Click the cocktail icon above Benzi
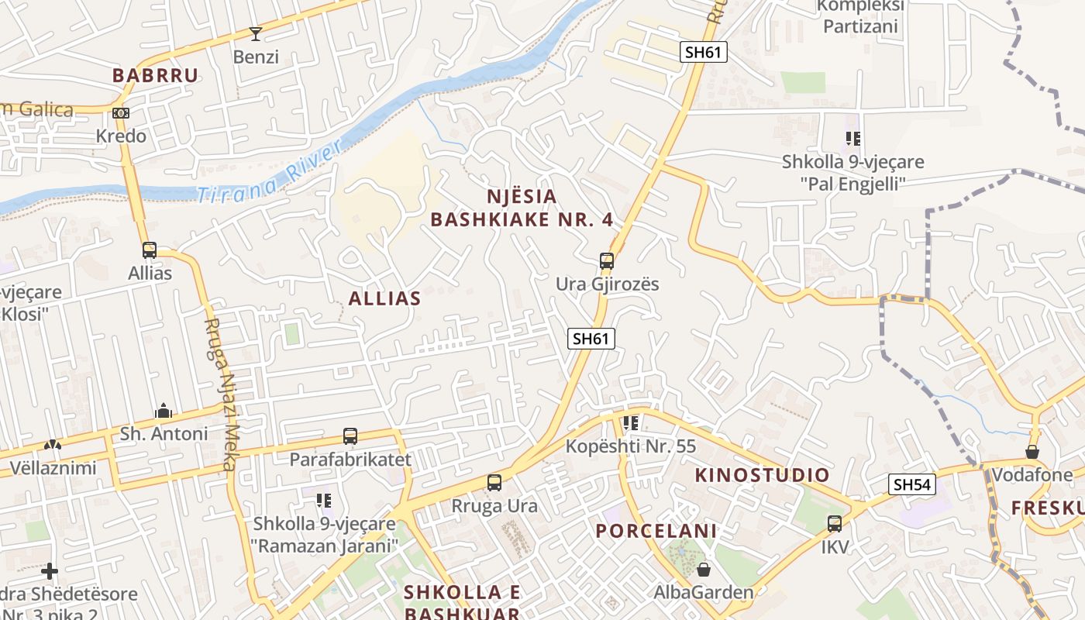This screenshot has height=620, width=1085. [256, 33]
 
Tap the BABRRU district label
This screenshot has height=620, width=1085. [155, 75]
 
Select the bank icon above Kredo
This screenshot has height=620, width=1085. [120, 113]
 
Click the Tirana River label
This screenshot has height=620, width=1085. [267, 173]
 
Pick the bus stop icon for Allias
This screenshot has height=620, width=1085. [150, 250]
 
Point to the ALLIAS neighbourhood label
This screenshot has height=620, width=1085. [384, 298]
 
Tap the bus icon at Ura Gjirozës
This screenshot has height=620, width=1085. [607, 261]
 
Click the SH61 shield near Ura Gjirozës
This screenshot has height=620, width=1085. [591, 339]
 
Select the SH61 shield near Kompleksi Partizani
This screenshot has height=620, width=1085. [704, 53]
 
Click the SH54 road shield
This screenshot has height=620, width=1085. [913, 485]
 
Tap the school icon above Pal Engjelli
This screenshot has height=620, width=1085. [853, 139]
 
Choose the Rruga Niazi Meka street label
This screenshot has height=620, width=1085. [220, 394]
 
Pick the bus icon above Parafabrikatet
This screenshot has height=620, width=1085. [350, 436]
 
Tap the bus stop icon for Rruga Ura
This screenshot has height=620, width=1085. [494, 483]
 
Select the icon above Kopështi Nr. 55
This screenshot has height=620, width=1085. [631, 423]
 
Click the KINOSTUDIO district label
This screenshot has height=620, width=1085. [762, 475]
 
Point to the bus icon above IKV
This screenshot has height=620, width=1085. [835, 524]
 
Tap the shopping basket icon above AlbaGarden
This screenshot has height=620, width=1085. [704, 570]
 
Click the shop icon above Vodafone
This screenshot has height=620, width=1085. [1032, 451]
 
